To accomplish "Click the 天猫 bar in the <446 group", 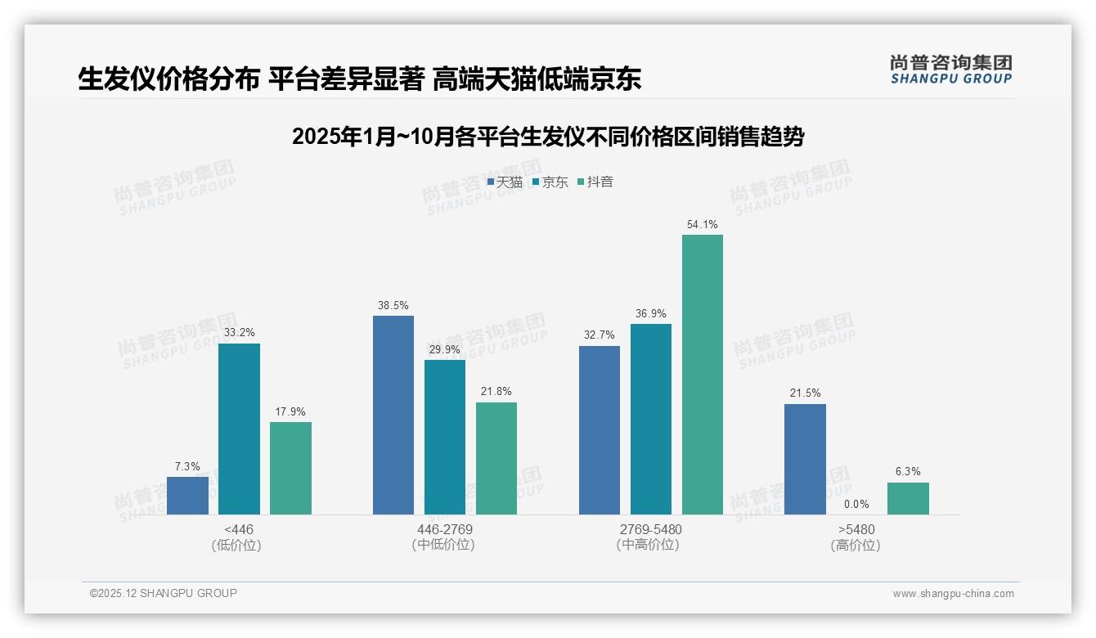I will coord(187,496).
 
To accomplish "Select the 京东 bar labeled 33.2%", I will coord(239,429).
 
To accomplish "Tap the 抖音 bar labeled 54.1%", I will coord(703,375).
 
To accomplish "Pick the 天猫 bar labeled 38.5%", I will coord(393,415).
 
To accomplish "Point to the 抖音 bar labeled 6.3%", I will coord(908,498).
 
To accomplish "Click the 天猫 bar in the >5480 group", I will coord(805,459).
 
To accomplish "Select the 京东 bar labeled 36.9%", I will coord(651,419).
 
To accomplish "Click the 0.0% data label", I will coord(856,504).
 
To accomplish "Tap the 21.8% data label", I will coord(496,392).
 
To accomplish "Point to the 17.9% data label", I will coord(290,411).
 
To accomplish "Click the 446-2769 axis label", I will coord(444,529).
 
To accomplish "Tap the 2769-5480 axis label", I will coord(650,529).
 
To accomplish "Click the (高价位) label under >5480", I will coord(856,546).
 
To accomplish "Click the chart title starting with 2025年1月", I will coord(547,137).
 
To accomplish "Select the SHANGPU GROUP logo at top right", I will coord(950,69).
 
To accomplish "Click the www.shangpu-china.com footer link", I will coord(953,594).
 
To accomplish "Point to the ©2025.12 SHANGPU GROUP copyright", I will coord(164,593).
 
